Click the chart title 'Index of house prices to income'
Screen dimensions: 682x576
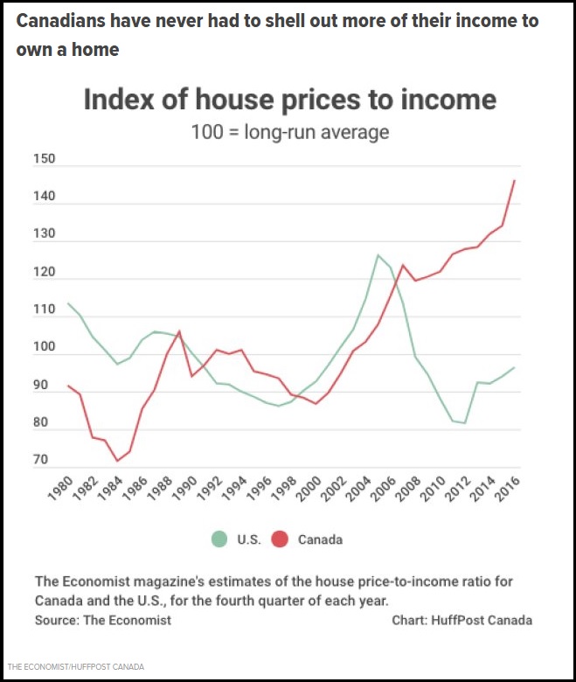pos(289,100)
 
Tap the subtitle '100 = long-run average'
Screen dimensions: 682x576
pos(289,133)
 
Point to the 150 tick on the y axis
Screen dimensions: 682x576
pos(44,160)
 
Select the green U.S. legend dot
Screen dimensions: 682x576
pos(219,539)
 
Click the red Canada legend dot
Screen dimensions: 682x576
pos(280,539)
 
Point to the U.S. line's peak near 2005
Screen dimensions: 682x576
pos(378,254)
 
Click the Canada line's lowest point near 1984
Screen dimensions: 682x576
pos(116,461)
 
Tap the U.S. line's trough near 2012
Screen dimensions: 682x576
pos(465,423)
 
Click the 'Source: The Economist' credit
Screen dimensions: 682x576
pos(103,620)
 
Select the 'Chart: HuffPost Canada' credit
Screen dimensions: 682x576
pos(462,620)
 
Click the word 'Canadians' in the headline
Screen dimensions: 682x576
pos(57,20)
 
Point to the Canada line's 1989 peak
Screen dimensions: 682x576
pos(179,331)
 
